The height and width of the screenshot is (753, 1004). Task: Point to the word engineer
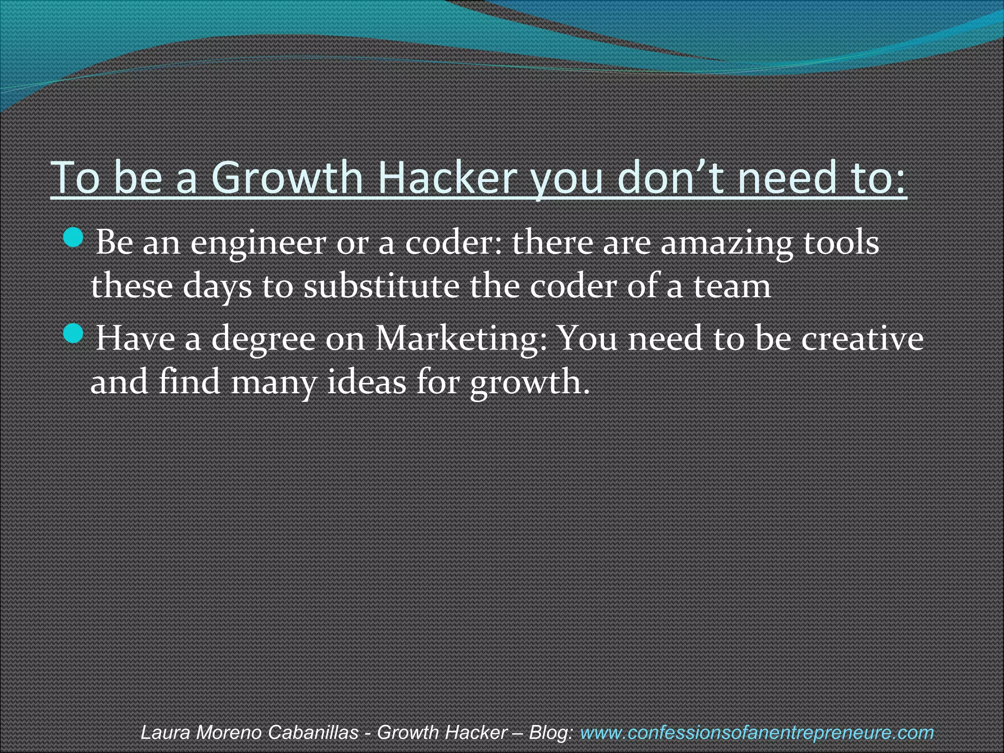[x=258, y=243]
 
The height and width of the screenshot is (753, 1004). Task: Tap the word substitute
[x=381, y=286]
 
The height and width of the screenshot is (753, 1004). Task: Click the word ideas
[x=367, y=382]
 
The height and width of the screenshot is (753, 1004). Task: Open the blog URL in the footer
[x=756, y=732]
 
